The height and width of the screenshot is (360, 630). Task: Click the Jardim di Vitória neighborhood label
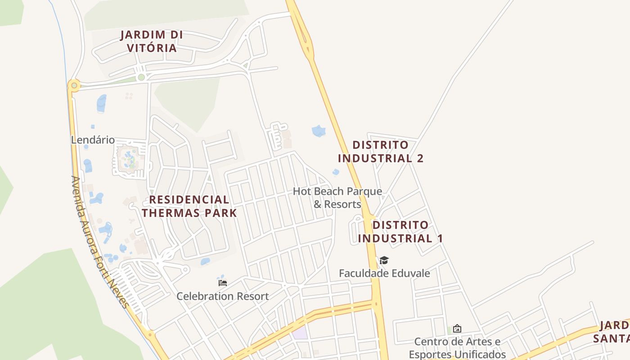tap(151, 41)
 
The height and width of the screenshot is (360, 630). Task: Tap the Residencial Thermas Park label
tap(189, 206)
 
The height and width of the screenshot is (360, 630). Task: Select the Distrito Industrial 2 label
tap(381, 152)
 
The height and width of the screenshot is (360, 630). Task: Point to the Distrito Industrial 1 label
tap(400, 231)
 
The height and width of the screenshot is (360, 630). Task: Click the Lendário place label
tap(93, 140)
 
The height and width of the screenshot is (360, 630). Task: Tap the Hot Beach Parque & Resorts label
tap(337, 198)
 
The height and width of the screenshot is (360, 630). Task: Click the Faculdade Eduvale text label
tap(384, 273)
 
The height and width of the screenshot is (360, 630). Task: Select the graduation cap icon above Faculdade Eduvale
tap(384, 260)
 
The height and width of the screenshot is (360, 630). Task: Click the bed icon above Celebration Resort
tap(223, 283)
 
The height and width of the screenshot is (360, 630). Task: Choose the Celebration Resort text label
tap(222, 296)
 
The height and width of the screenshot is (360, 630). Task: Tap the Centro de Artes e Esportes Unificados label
tap(457, 348)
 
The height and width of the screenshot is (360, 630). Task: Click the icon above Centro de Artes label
tap(457, 328)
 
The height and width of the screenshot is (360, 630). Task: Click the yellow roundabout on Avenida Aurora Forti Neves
tap(74, 85)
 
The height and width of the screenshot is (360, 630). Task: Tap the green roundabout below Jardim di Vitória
tap(141, 77)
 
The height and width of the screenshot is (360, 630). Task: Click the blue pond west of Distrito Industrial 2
tap(319, 131)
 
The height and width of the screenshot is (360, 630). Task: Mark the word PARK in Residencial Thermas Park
tap(221, 213)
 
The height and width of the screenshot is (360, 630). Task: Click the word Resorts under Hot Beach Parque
tap(343, 204)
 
